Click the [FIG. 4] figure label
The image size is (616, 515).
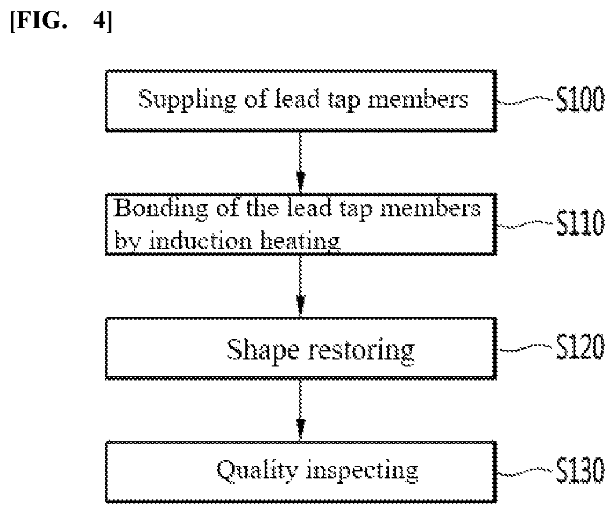point(61,21)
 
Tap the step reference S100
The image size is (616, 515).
point(580,100)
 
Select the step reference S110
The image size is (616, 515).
point(580,223)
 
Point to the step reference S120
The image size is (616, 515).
point(580,347)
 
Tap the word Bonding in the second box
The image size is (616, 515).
point(161,209)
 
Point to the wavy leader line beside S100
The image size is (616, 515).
point(525,101)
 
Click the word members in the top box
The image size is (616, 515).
point(417,99)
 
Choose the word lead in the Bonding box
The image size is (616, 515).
point(309,208)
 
